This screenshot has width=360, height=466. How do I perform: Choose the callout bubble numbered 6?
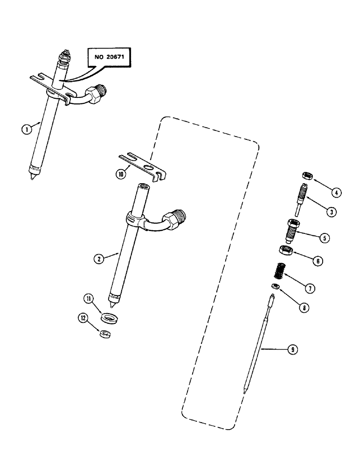click(x=318, y=261)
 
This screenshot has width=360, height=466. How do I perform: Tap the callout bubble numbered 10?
click(x=122, y=174)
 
